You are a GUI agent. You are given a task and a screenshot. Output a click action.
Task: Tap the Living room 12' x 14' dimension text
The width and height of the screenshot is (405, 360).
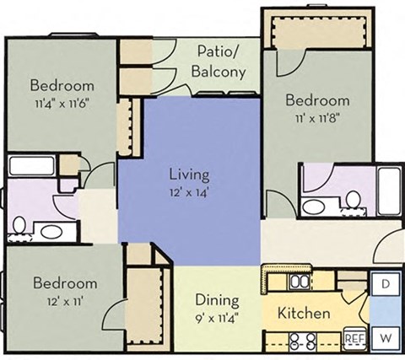(x=189, y=193)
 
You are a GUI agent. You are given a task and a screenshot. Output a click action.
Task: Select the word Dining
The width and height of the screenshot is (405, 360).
(x=217, y=300)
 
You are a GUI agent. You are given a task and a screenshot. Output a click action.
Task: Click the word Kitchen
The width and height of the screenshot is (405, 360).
(x=304, y=313)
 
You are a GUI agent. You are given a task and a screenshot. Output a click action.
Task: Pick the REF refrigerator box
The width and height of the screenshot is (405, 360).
(x=354, y=339)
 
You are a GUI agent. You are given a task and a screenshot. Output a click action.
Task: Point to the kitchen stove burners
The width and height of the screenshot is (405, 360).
(x=302, y=341)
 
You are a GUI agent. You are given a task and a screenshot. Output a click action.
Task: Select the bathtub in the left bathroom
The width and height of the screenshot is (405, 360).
(x=34, y=165)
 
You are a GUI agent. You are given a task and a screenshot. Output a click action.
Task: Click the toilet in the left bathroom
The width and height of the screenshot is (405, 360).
(x=19, y=225)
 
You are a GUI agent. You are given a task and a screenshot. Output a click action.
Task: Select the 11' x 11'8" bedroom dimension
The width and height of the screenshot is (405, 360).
(x=316, y=119)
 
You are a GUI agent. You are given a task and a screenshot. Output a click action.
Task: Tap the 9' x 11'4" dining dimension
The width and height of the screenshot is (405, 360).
(x=217, y=318)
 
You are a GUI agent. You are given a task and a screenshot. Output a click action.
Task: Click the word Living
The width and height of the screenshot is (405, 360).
(x=189, y=175)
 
